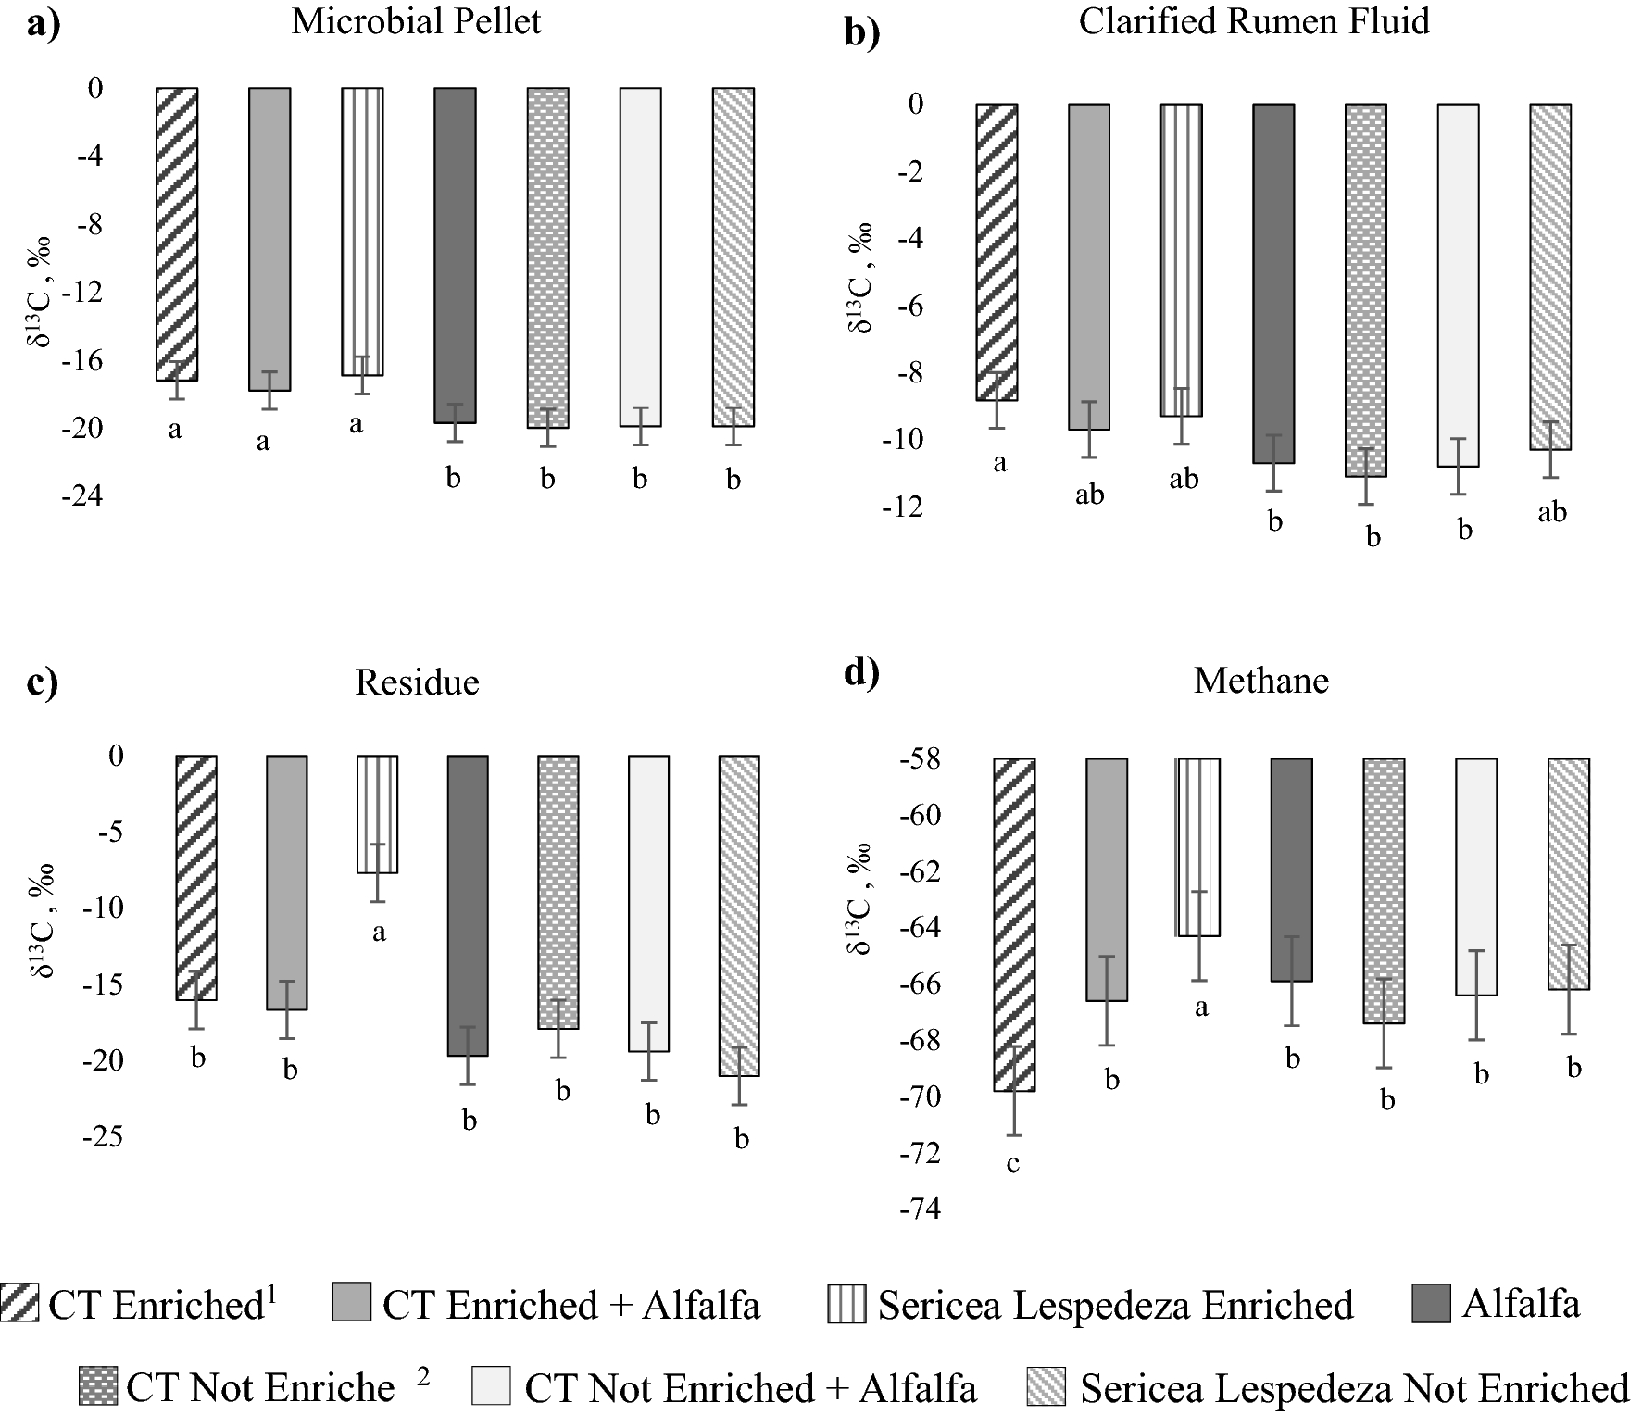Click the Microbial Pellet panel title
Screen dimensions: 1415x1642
[x=416, y=21]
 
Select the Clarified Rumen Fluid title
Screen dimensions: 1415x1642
[x=1254, y=21]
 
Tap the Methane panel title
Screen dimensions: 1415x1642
[x=1260, y=681]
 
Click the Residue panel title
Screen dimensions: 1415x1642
[x=417, y=682]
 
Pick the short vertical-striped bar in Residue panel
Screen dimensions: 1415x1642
[x=378, y=813]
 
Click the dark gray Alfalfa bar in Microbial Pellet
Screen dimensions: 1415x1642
[x=455, y=255]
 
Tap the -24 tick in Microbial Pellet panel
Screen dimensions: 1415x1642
[x=82, y=495]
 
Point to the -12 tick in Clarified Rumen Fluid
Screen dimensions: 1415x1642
[x=903, y=507]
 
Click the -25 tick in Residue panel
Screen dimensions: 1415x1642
[x=103, y=1135]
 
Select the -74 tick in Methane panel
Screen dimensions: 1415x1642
[x=920, y=1208]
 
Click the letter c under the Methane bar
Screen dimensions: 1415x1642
[x=1012, y=1163]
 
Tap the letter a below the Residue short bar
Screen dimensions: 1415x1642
[x=378, y=933]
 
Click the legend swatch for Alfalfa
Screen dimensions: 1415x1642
[x=1431, y=1304]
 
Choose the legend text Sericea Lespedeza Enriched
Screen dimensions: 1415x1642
[x=1115, y=1305]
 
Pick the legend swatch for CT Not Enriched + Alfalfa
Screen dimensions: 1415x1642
[x=491, y=1387]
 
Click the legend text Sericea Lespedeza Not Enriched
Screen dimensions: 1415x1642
[x=1354, y=1388]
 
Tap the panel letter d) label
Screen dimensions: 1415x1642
[x=861, y=673]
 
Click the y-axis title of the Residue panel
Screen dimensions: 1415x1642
[x=42, y=920]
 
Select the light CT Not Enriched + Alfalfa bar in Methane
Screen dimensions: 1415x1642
[x=1475, y=876]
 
